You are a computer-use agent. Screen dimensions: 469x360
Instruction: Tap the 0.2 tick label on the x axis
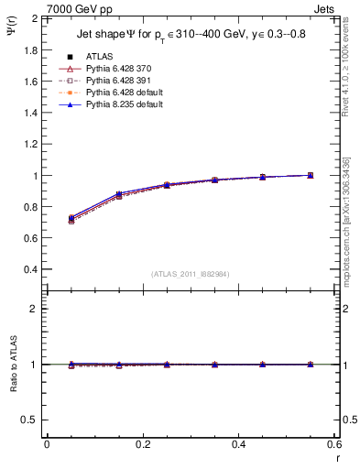click(142, 444)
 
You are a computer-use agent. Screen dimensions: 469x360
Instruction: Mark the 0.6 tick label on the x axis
click(333, 444)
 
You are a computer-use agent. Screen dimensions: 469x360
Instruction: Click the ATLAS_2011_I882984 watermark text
click(191, 274)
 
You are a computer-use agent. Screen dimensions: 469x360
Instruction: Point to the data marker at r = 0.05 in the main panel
click(71, 219)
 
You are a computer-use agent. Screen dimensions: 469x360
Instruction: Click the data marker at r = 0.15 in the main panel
click(119, 195)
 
